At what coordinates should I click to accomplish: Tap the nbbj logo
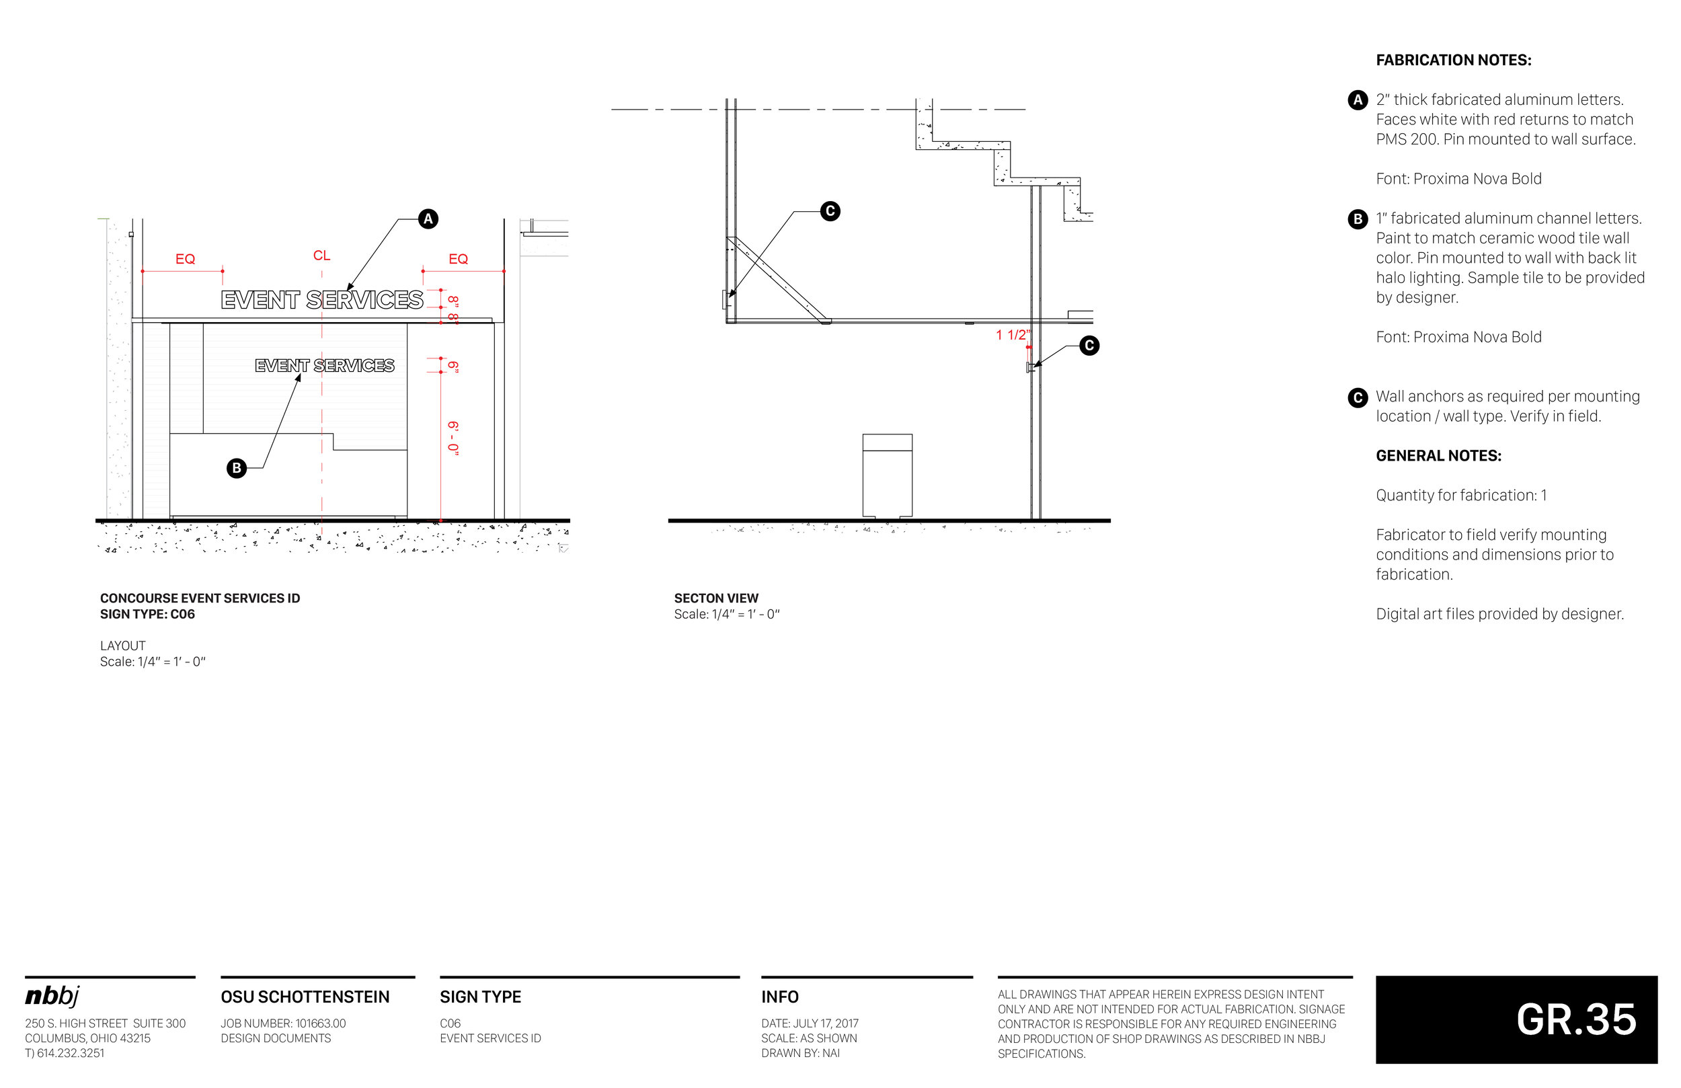[x=52, y=996]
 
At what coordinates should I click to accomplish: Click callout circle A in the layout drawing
[x=428, y=219]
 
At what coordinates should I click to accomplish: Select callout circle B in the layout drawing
[x=237, y=468]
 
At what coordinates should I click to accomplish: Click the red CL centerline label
[x=321, y=256]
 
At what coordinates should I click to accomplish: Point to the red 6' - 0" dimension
[x=453, y=438]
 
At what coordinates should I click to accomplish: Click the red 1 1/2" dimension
[x=1012, y=335]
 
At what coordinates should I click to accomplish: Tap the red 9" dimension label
[x=453, y=366]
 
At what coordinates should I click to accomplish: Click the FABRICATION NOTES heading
[x=1454, y=61]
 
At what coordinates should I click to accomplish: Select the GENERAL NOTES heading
[x=1438, y=456]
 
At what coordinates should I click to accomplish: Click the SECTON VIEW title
[x=715, y=598]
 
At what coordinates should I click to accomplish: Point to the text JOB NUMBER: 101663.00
[x=283, y=1023]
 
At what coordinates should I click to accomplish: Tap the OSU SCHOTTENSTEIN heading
[x=305, y=997]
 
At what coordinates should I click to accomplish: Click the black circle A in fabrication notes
[x=1357, y=100]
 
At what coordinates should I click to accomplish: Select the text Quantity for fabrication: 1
[x=1460, y=496]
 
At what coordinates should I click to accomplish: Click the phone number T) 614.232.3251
[x=65, y=1052]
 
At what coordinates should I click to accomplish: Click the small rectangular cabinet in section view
[x=887, y=475]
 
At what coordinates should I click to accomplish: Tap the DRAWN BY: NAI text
[x=800, y=1052]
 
